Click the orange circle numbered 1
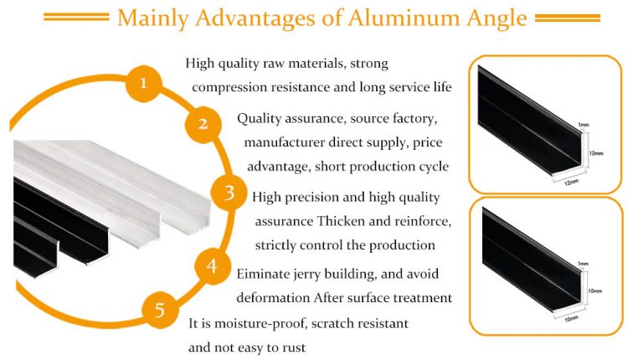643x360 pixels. pos(144,83)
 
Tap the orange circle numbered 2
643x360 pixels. pos(202,126)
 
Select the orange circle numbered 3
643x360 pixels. pos(229,193)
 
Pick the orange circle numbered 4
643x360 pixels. pos(212,266)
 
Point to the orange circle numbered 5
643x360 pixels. pos(159,310)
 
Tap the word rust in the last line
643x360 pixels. pos(293,347)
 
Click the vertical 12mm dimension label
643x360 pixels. pos(596,152)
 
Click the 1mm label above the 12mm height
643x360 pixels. pos(583,125)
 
